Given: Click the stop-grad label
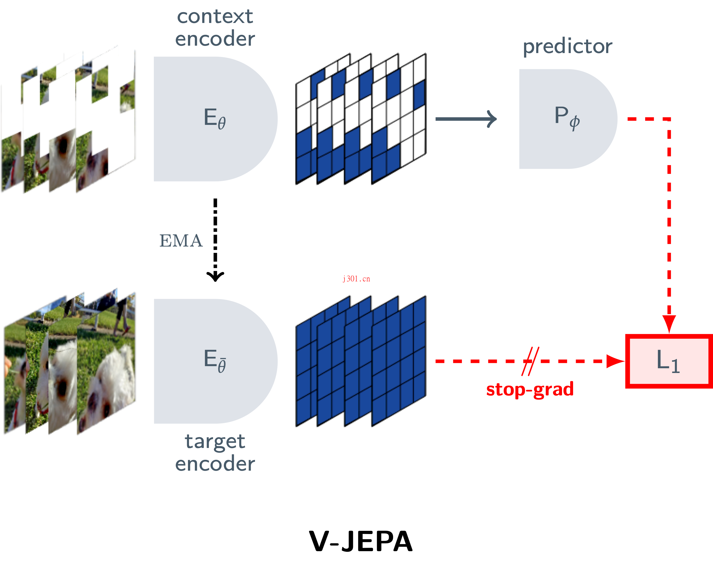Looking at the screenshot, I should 530,390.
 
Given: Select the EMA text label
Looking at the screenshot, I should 181,241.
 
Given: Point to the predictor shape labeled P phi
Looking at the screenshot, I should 564,119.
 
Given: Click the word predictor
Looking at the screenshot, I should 567,46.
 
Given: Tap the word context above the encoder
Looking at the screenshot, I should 215,16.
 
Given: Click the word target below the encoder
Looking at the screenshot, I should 215,441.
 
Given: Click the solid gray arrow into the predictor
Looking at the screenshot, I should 466,119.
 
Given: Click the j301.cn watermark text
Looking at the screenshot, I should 356,279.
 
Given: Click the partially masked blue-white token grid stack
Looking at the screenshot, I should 361,119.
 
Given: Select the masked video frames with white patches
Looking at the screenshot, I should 68,122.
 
